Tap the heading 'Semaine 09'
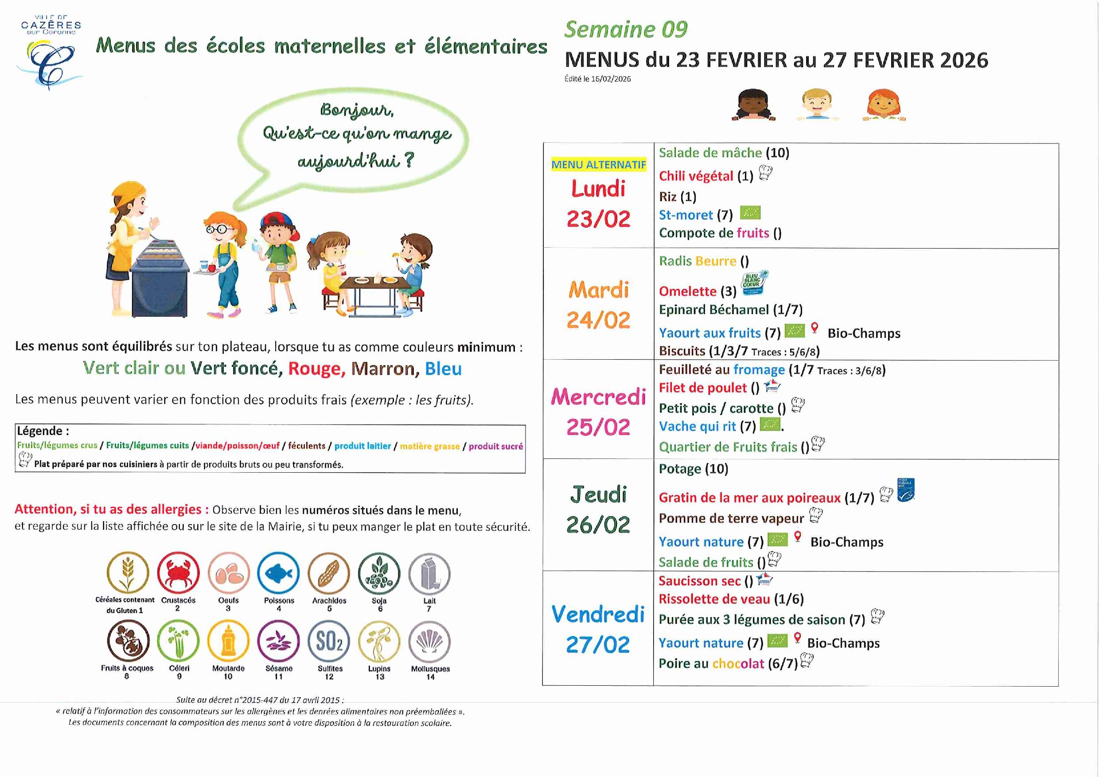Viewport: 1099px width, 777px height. pos(626,30)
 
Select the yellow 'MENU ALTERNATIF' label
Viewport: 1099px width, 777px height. pos(598,165)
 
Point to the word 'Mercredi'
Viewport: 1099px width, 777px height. pos(598,397)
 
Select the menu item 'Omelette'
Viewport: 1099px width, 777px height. pos(687,291)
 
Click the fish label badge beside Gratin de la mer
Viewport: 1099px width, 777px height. pos(906,490)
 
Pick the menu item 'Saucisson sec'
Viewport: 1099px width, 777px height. pos(699,581)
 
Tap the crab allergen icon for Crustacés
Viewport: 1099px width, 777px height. pos(178,573)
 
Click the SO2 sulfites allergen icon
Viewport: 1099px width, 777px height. pos(329,641)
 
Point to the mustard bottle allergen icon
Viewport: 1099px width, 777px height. pos(228,641)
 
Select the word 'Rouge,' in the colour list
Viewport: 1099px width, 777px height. pos(316,369)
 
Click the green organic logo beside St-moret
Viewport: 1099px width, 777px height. pos(750,213)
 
